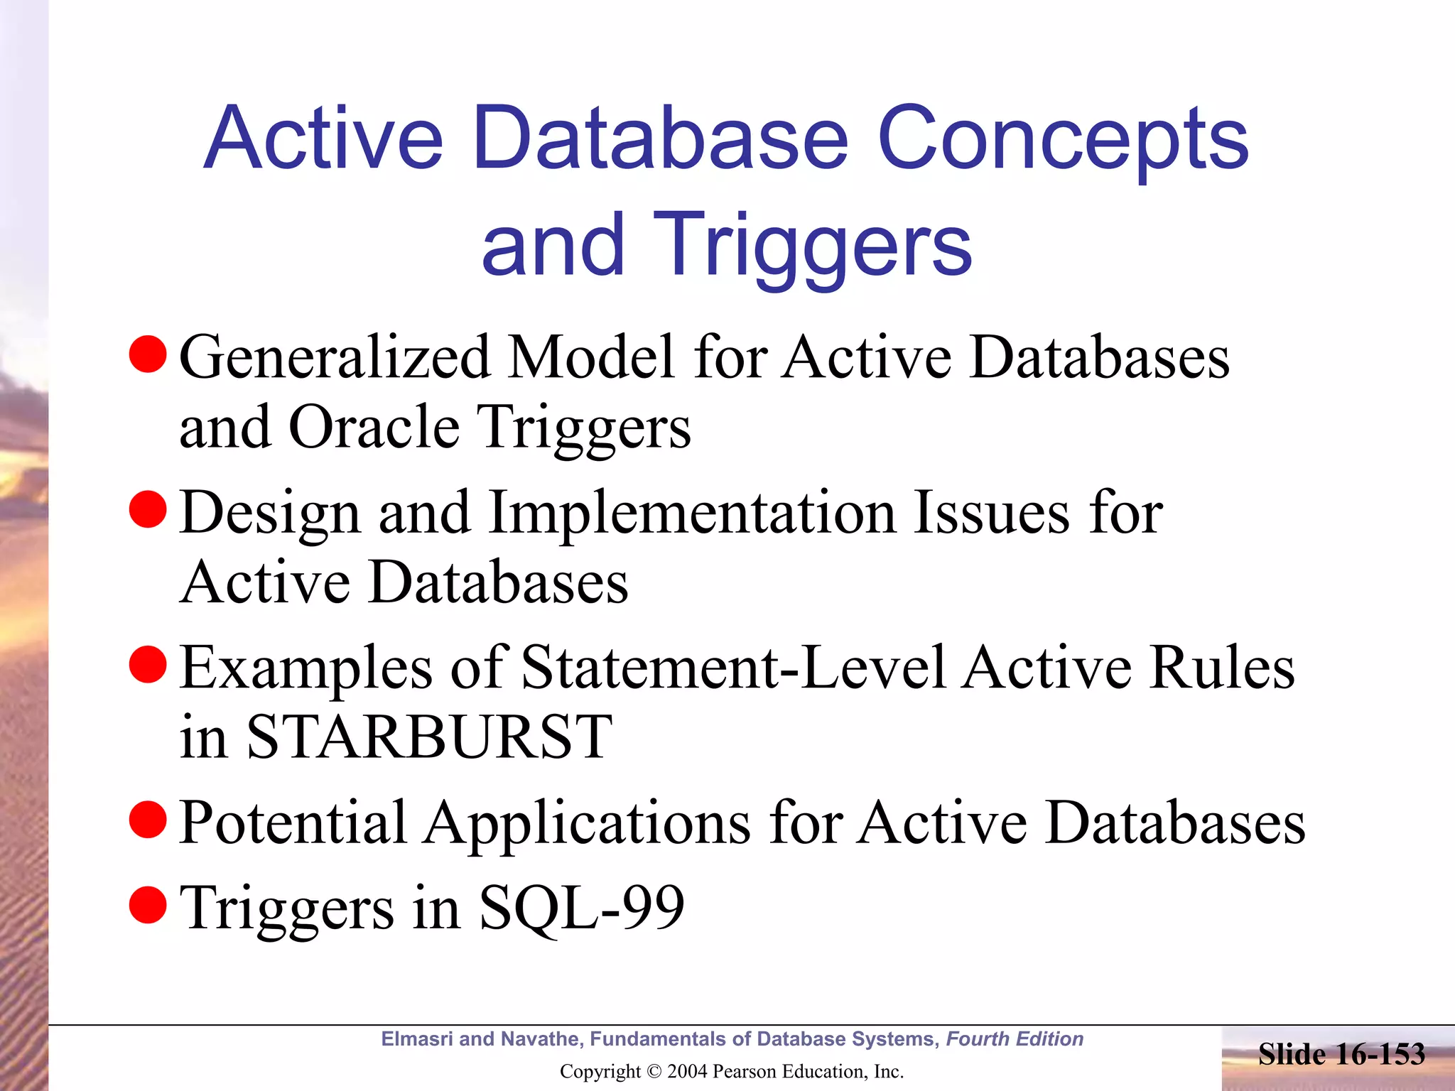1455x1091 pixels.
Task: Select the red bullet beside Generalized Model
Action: click(x=148, y=353)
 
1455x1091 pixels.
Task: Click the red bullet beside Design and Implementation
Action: click(x=148, y=509)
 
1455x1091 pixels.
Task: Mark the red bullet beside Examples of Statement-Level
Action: click(x=148, y=664)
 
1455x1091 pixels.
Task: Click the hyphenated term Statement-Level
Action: click(x=733, y=668)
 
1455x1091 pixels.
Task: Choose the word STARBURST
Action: click(x=429, y=737)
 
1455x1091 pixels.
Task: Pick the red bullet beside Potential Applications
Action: click(x=148, y=819)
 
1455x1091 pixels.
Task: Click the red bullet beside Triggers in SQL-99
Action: click(x=148, y=904)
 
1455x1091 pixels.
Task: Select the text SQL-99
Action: click(x=581, y=908)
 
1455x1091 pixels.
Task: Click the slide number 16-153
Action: click(x=1380, y=1054)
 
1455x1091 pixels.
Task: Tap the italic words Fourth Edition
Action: click(x=1015, y=1039)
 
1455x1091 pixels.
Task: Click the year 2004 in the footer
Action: click(x=687, y=1072)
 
